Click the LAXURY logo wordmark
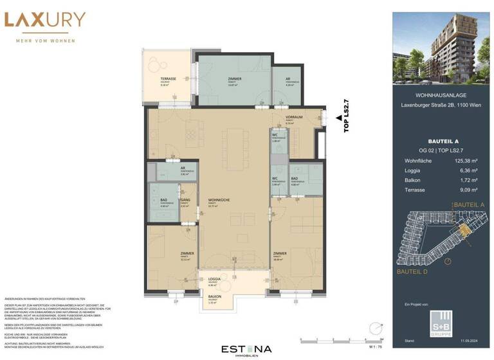44,20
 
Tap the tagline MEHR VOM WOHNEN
44,40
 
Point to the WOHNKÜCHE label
215,200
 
